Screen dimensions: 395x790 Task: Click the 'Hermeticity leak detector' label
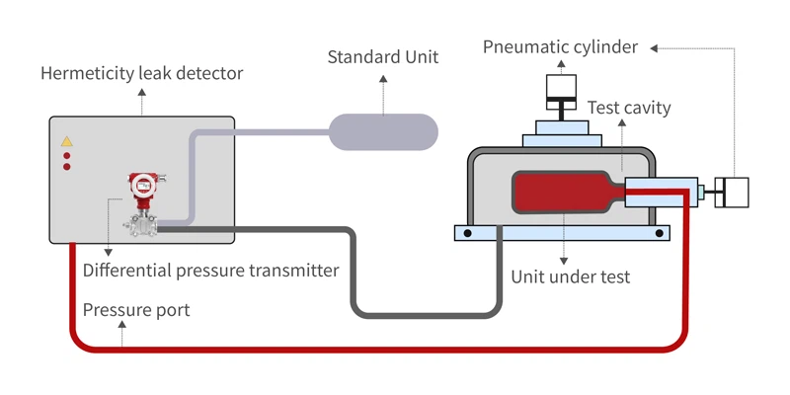click(141, 74)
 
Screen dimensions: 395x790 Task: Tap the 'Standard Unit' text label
click(383, 57)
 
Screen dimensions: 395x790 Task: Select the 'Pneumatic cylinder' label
click(560, 46)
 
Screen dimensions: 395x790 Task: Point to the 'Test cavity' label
click(629, 108)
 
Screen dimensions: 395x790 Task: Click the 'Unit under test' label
click(570, 277)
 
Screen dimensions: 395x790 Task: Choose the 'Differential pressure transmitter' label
click(211, 270)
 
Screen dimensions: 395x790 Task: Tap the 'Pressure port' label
click(136, 310)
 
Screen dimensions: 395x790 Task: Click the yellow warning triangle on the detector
click(67, 141)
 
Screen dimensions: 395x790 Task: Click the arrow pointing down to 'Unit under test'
click(563, 247)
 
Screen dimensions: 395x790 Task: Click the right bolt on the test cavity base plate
click(659, 233)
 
